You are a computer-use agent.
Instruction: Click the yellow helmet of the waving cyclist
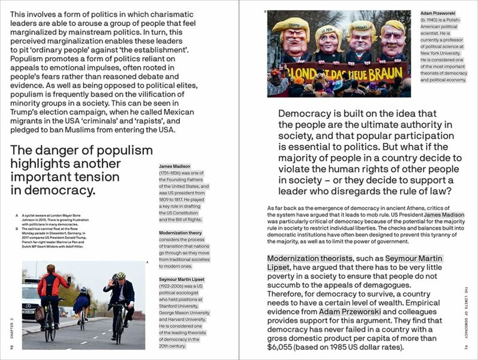(x=121, y=275)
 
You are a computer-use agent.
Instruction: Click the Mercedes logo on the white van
(x=28, y=307)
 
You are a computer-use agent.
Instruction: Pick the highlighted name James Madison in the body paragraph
(x=444, y=215)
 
